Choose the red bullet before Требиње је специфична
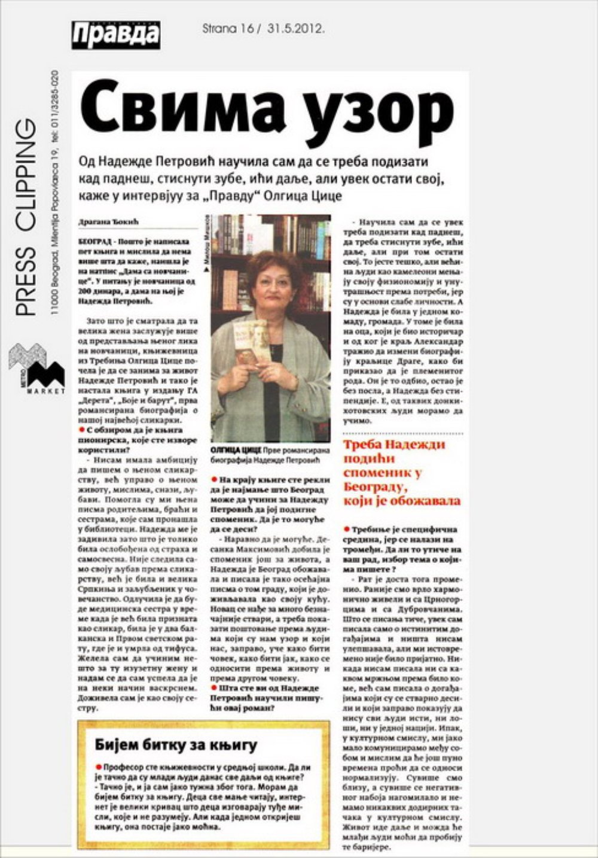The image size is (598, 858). [x=346, y=530]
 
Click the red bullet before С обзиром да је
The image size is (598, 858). [x=81, y=430]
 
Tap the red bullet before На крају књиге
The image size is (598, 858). [x=214, y=480]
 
